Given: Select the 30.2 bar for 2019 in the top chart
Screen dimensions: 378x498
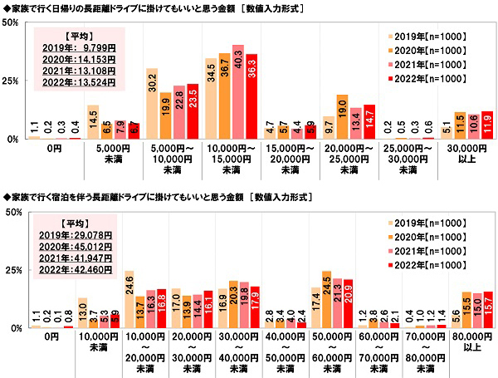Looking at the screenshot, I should point(152,104).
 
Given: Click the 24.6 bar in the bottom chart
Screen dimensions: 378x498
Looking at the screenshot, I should point(129,300).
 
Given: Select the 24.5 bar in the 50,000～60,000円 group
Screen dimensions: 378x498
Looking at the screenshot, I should point(325,300).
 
